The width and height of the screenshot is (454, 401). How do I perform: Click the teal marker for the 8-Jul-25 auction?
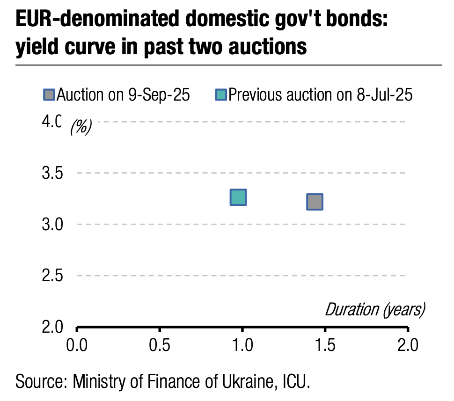click(238, 197)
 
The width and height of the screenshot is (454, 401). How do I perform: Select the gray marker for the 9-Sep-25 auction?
click(315, 202)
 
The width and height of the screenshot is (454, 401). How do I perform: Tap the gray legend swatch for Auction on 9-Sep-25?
click(49, 95)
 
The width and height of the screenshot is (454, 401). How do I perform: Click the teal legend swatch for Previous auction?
click(220, 95)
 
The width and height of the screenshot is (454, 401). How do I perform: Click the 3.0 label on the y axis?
click(53, 225)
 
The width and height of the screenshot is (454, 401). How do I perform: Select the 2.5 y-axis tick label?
click(53, 276)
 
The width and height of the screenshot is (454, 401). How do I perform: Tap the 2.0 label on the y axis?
click(53, 327)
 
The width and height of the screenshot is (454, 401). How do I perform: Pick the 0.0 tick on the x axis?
click(76, 346)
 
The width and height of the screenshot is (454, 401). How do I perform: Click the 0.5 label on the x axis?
click(160, 346)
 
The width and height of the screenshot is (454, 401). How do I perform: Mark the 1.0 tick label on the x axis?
click(242, 346)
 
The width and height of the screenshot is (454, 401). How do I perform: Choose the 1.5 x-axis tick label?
click(325, 346)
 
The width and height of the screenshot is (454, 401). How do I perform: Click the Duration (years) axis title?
click(375, 310)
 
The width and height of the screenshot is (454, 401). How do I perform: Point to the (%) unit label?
click(81, 127)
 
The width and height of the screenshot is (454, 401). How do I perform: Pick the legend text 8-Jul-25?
click(384, 95)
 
